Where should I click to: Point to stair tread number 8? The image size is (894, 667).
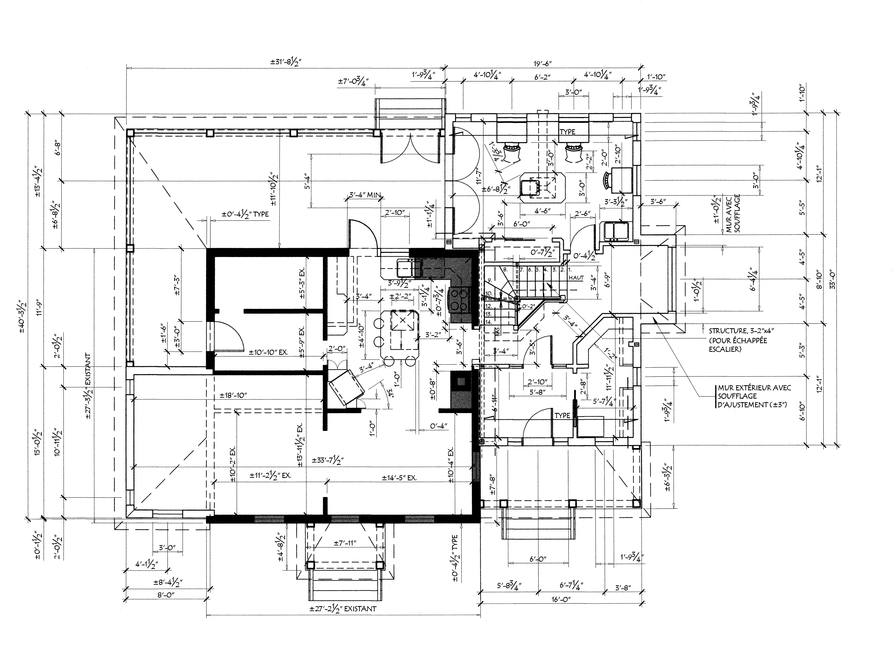[505, 269]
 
